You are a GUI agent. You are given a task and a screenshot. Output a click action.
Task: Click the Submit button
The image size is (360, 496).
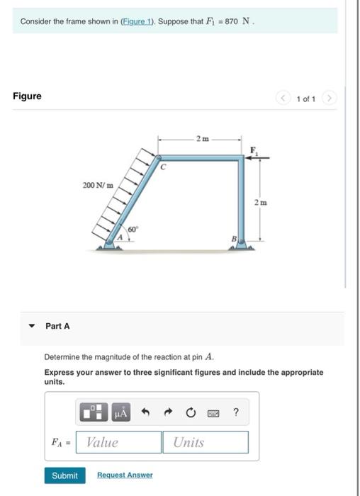(x=65, y=475)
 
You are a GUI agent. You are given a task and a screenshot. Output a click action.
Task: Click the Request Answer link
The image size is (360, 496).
(x=125, y=475)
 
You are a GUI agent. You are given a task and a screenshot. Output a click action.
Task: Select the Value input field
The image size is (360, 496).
(x=118, y=442)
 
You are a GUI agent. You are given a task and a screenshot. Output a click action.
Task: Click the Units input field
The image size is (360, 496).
(x=206, y=442)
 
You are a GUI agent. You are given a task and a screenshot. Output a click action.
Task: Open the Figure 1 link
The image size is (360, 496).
(x=137, y=21)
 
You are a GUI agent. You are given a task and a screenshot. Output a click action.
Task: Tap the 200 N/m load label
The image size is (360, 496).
(x=98, y=185)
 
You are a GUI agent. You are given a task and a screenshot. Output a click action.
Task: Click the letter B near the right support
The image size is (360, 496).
(x=234, y=239)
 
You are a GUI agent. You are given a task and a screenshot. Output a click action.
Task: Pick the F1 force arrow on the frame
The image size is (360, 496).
(x=257, y=157)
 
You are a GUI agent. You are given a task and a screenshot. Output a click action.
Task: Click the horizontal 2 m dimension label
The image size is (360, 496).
(x=203, y=139)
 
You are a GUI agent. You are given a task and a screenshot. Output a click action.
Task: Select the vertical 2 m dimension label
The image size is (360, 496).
(x=261, y=203)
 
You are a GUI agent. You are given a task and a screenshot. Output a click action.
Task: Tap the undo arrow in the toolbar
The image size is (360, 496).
(x=145, y=412)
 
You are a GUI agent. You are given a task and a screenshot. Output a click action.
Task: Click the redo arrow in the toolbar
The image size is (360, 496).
(x=169, y=412)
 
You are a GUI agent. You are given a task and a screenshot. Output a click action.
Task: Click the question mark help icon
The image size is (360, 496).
(x=236, y=412)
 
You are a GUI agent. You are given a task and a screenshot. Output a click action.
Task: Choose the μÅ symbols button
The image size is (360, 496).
(x=120, y=412)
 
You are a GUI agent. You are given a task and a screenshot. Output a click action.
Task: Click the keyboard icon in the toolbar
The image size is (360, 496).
(x=213, y=413)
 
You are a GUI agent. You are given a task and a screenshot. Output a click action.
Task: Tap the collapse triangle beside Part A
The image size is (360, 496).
(x=31, y=326)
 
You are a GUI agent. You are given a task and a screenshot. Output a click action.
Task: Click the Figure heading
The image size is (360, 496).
(x=27, y=96)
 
